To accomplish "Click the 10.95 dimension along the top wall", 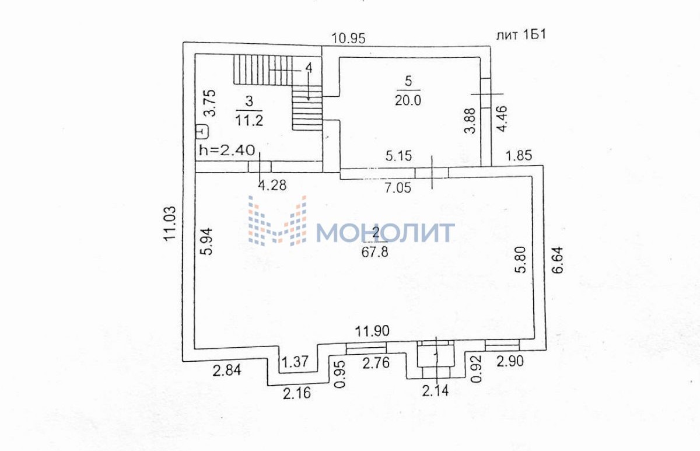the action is pyautogui.click(x=348, y=39).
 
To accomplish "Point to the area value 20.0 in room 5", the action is pyautogui.click(x=408, y=100).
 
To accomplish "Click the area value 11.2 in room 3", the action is pyautogui.click(x=249, y=120).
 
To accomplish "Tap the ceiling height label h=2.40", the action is pyautogui.click(x=227, y=151).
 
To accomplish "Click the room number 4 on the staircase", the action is pyautogui.click(x=309, y=68).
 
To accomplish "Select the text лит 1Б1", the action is pyautogui.click(x=521, y=34).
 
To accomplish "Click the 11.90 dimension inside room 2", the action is pyautogui.click(x=373, y=331).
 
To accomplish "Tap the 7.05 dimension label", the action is pyautogui.click(x=398, y=188).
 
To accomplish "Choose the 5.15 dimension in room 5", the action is pyautogui.click(x=399, y=156).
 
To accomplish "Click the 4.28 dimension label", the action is pyautogui.click(x=272, y=186).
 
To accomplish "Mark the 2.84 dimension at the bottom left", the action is pyautogui.click(x=227, y=370).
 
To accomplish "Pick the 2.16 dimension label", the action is pyautogui.click(x=297, y=393).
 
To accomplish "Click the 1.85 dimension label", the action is pyautogui.click(x=519, y=155).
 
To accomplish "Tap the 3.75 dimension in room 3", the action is pyautogui.click(x=210, y=103).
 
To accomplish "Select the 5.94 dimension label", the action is pyautogui.click(x=206, y=242).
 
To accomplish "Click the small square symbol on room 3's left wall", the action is pyautogui.click(x=203, y=131).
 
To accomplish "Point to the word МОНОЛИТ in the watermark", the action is pyautogui.click(x=386, y=233).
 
